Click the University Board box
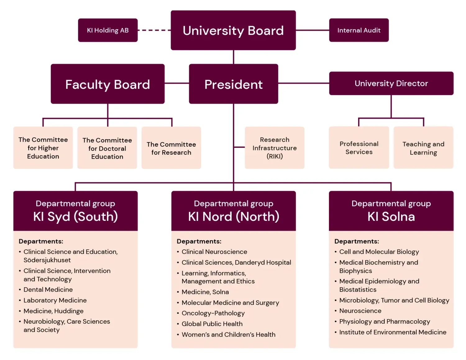click(x=233, y=30)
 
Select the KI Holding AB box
click(x=107, y=30)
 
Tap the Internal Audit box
click(x=359, y=30)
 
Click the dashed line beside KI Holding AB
click(x=154, y=30)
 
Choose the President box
click(x=233, y=84)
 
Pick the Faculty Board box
click(x=107, y=84)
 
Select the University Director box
click(x=391, y=84)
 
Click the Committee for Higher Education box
click(x=43, y=148)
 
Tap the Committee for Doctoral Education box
click(x=107, y=148)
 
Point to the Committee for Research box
click(x=171, y=148)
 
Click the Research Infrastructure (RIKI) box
click(x=275, y=148)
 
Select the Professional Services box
click(x=359, y=148)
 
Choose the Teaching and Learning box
click(x=423, y=148)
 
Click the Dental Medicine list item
click(x=48, y=289)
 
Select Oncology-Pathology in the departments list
click(x=213, y=313)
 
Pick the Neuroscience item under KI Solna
click(x=360, y=311)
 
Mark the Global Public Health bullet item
click(x=212, y=324)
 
